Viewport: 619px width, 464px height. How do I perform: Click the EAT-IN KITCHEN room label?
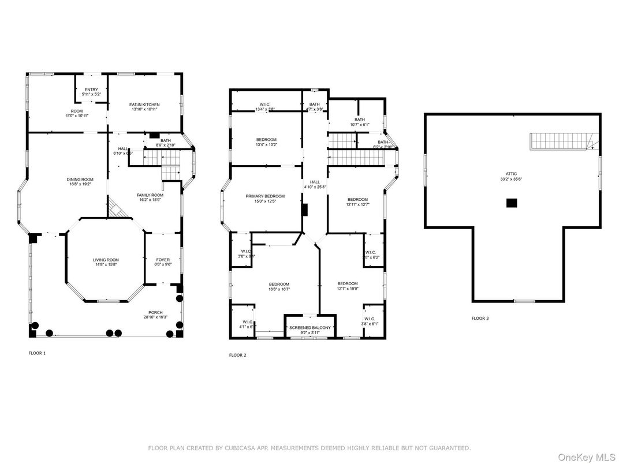point(144,104)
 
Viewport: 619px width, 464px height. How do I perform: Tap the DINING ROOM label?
point(80,179)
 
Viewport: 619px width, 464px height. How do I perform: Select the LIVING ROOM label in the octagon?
point(106,260)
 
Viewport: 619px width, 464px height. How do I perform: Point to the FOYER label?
point(163,260)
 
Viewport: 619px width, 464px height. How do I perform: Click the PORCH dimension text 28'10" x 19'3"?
point(155,317)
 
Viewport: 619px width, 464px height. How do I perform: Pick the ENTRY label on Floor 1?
point(91,89)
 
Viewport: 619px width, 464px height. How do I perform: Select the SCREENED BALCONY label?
point(310,328)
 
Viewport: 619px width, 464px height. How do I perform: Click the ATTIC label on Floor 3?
point(511,174)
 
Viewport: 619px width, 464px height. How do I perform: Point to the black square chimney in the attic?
point(511,203)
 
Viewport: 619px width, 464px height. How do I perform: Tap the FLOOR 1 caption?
point(37,353)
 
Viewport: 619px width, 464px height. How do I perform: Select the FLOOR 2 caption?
point(237,355)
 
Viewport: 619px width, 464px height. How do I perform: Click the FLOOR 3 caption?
point(480,318)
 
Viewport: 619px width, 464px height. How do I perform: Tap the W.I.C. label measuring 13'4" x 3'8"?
point(266,104)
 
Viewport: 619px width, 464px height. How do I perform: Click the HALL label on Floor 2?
point(315,182)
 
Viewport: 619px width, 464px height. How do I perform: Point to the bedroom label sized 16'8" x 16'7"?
point(279,284)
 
